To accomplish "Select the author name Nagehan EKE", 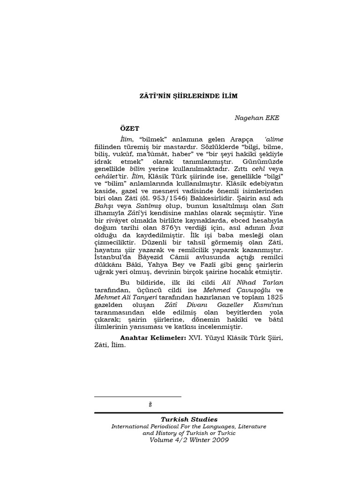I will click(x=256, y=118).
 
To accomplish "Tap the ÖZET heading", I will click(x=129, y=128).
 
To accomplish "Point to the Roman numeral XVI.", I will click(x=196, y=337).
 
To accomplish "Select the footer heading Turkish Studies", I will click(x=189, y=420).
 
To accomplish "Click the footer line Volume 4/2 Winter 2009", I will click(x=189, y=440).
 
